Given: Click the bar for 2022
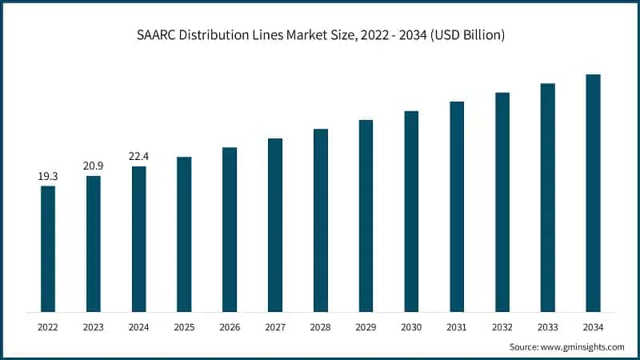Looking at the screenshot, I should pos(48,249).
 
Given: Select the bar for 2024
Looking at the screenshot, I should pos(138,239).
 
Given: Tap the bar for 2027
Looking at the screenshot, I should pos(275,225).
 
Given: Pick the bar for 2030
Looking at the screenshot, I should pos(411,211).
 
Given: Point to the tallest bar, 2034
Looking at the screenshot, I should pos(593,193).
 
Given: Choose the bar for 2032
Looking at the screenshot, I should pos(502,202).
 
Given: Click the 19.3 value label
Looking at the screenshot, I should pos(48,174).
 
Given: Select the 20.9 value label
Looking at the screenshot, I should pos(94,165).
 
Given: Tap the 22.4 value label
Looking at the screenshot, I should pos(138,155).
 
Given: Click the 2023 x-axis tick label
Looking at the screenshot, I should pos(94,326).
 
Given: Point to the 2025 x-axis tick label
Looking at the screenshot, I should pos(184,326).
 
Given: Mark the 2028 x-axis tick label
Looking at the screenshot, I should pos(320,326).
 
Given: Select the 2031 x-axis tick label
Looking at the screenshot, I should pos(457,326).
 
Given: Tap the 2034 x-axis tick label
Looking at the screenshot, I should pos(593,326).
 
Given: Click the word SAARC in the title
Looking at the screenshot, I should pos(156,36).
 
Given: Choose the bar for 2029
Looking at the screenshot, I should pos(366,216).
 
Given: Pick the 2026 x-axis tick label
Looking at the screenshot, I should pos(230,326).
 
